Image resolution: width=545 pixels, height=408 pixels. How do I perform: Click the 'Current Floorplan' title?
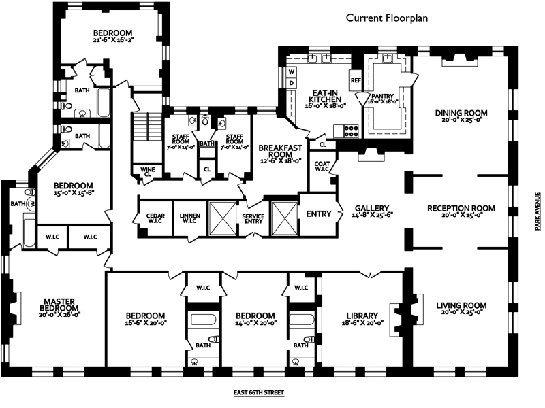tap(386, 18)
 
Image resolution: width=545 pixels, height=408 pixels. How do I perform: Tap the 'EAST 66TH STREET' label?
tap(259, 393)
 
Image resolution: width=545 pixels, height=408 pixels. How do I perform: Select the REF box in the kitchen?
tap(356, 80)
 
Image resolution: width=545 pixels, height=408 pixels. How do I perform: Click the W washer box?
tap(292, 72)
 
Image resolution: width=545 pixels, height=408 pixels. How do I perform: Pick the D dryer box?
tap(292, 83)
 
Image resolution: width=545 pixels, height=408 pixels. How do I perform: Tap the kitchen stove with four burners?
tap(351, 131)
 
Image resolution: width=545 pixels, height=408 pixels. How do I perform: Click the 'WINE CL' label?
tap(148, 172)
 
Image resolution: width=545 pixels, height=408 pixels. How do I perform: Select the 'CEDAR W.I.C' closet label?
tap(155, 218)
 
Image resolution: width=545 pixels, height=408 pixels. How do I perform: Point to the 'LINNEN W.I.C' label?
tap(190, 218)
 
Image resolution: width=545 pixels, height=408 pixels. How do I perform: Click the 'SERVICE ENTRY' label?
tap(253, 218)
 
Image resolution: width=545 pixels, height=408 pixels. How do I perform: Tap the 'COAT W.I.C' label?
tap(322, 166)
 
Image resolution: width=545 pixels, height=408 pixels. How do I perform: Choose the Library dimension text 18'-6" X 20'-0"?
tap(362, 322)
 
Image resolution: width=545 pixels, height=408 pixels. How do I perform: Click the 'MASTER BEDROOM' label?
tap(59, 305)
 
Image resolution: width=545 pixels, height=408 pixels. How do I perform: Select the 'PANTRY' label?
tap(382, 96)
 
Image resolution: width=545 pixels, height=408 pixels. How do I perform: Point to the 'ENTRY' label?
tap(319, 214)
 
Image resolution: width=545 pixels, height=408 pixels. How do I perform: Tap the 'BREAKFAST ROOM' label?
tap(281, 151)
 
